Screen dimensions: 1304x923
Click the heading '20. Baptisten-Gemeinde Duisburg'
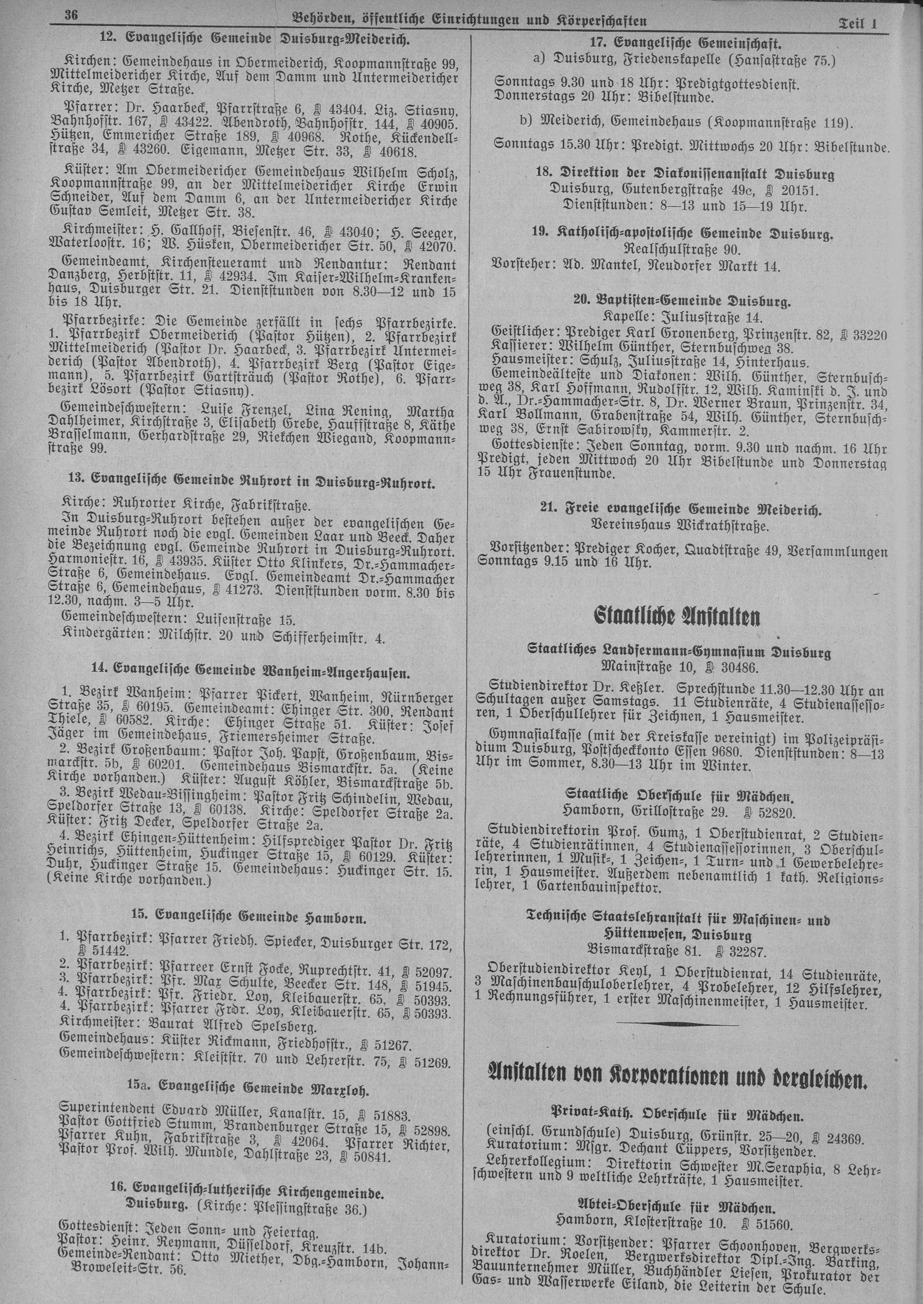pyautogui.click(x=681, y=301)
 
